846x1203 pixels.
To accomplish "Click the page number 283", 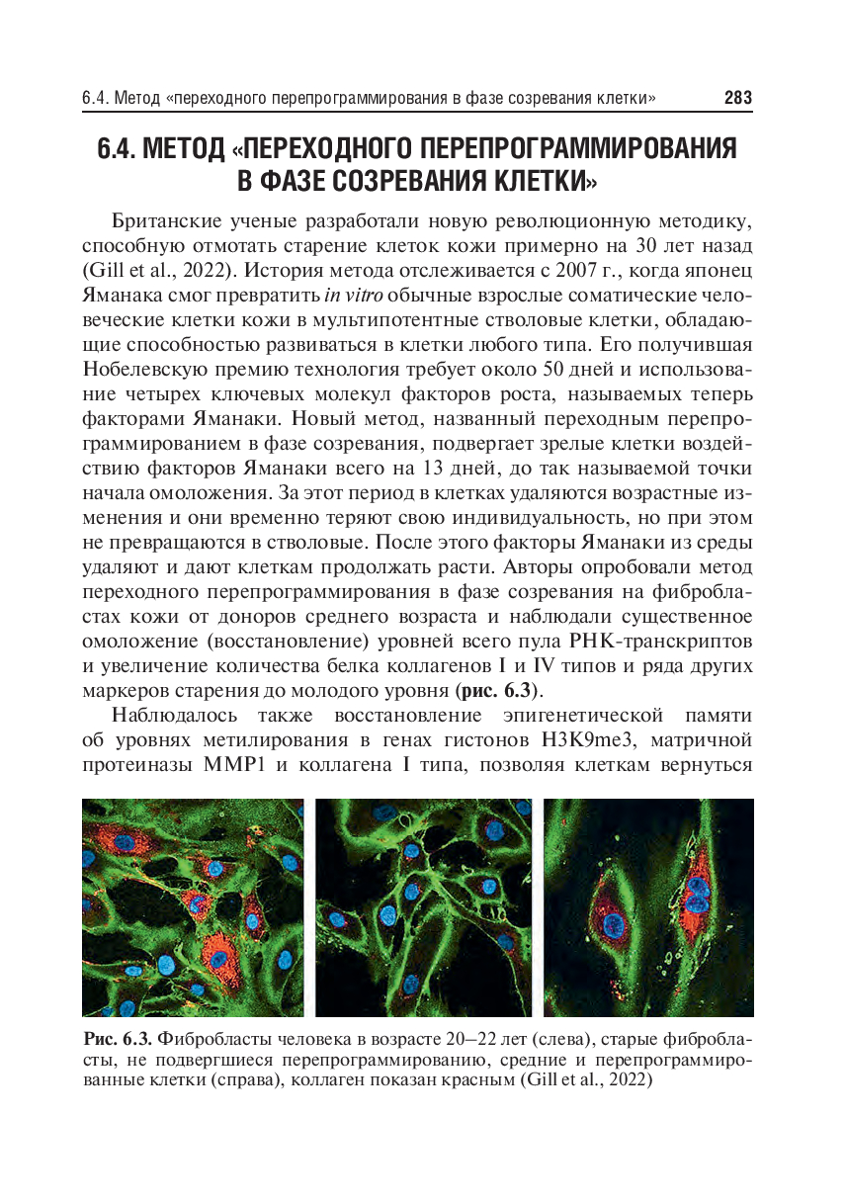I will [x=737, y=98].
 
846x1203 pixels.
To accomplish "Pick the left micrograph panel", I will [x=194, y=907].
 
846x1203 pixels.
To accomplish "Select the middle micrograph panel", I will [x=422, y=907].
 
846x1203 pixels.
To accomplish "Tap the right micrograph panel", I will [x=649, y=907].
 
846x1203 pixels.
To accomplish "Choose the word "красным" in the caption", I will [x=468, y=1081].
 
